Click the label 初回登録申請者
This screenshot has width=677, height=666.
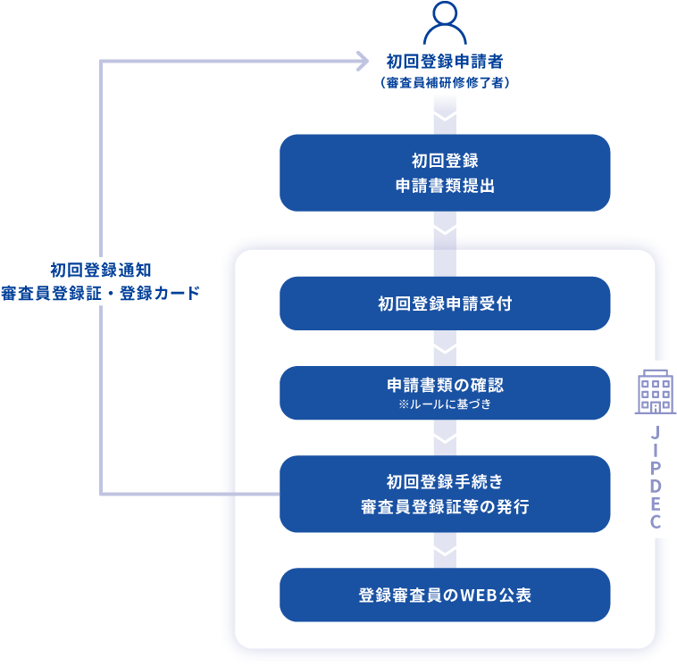[445, 62]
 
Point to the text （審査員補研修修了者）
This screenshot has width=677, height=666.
[445, 82]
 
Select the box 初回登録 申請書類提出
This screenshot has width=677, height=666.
[445, 173]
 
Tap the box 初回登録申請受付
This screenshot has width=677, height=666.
[445, 304]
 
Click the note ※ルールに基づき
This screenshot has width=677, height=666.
[445, 404]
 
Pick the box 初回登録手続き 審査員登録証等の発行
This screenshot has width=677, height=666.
[445, 494]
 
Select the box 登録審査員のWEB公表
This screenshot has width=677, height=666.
[445, 595]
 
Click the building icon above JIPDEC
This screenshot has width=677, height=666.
[656, 392]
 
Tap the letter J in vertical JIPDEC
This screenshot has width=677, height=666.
[656, 433]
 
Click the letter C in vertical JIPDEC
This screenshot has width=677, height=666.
[656, 523]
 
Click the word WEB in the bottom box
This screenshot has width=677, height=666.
[477, 595]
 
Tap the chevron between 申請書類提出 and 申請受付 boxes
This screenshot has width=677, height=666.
[445, 230]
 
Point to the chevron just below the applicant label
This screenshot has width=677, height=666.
[445, 116]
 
